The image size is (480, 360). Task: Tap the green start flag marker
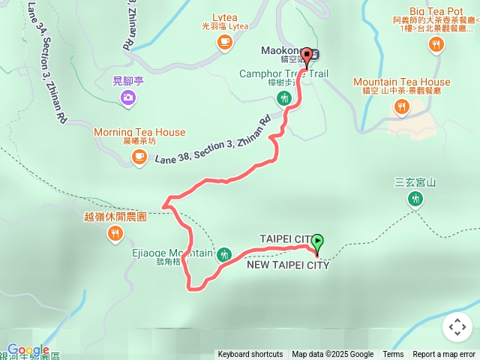317,242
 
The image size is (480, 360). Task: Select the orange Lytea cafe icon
224,43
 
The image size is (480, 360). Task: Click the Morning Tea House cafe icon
139,156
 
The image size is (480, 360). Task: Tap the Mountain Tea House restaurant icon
402,106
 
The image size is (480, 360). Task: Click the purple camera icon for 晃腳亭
128,97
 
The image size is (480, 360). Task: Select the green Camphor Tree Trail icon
283,97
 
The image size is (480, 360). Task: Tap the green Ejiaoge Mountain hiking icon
223,255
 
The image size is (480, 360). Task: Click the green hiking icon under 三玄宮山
415,199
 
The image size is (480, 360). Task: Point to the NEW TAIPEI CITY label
287,265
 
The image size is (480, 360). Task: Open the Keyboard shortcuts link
250,355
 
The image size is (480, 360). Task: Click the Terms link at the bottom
393,355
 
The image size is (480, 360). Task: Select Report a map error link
445,355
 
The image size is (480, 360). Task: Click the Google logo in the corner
28,350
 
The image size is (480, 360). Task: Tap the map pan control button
457,327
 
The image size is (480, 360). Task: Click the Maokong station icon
314,54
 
